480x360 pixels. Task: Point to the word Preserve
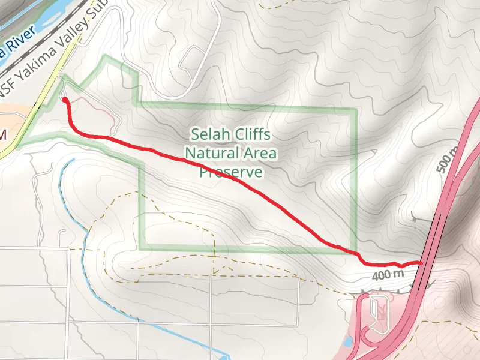[231, 172]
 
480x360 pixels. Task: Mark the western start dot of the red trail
[64, 101]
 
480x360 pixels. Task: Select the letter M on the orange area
[2, 134]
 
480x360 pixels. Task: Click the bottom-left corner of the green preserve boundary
[142, 247]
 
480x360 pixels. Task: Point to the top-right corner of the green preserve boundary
[356, 110]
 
